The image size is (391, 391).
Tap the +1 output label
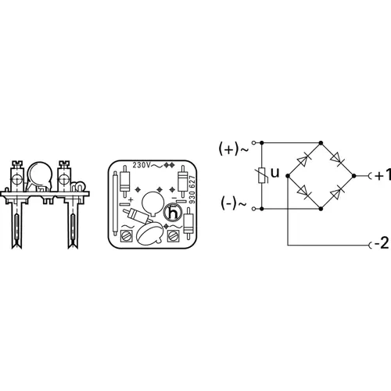click(x=378, y=177)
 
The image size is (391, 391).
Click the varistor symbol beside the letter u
click(x=261, y=177)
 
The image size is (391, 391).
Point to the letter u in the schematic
click(x=274, y=171)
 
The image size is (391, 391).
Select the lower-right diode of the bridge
click(x=336, y=192)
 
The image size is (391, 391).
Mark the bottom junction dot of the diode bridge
click(x=321, y=209)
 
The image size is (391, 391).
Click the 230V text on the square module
click(x=142, y=166)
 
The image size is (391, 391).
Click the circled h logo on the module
click(x=174, y=211)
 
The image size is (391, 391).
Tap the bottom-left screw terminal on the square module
click(x=124, y=232)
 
